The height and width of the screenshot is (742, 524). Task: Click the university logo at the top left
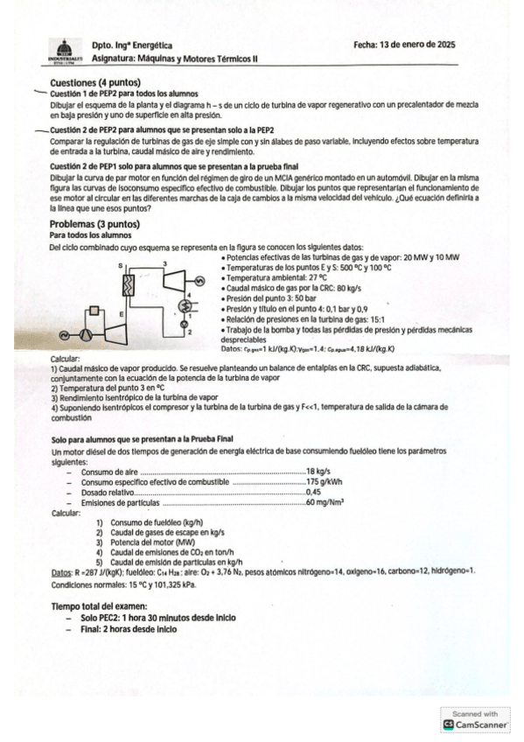tap(62, 52)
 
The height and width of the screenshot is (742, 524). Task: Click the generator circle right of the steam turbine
tap(199, 280)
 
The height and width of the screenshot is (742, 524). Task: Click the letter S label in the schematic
tap(118, 263)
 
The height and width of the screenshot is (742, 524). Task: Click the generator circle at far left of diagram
tap(64, 334)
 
